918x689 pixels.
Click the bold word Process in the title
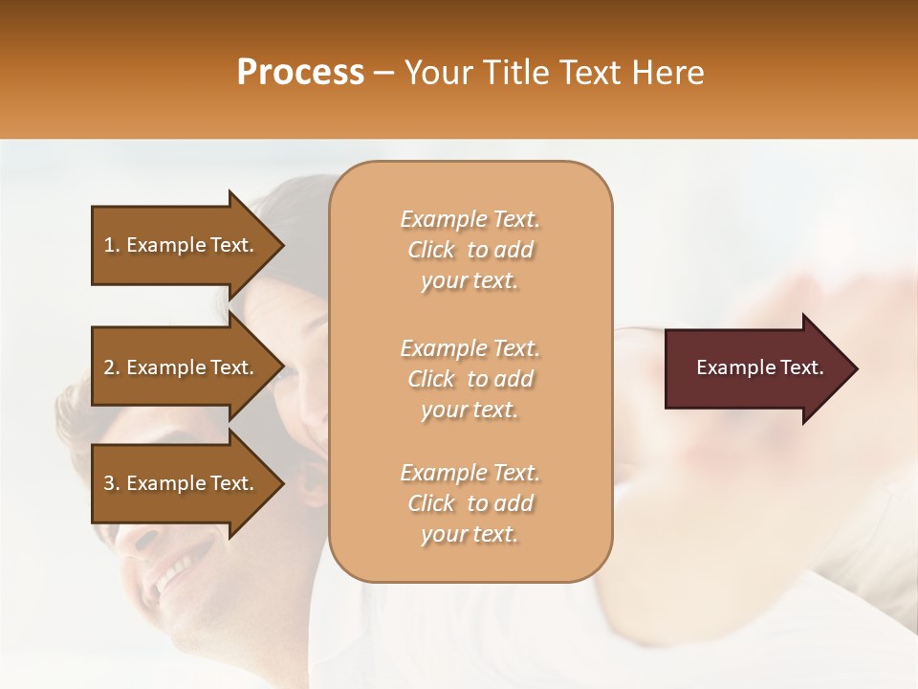coord(300,73)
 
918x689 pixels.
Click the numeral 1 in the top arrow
coord(109,245)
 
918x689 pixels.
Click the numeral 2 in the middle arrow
coord(109,367)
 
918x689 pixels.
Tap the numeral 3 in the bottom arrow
coord(109,483)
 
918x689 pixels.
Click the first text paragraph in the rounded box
coord(470,250)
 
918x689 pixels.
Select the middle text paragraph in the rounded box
coord(470,379)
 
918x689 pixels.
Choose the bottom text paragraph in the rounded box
coord(470,503)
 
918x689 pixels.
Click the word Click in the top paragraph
coord(431,251)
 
